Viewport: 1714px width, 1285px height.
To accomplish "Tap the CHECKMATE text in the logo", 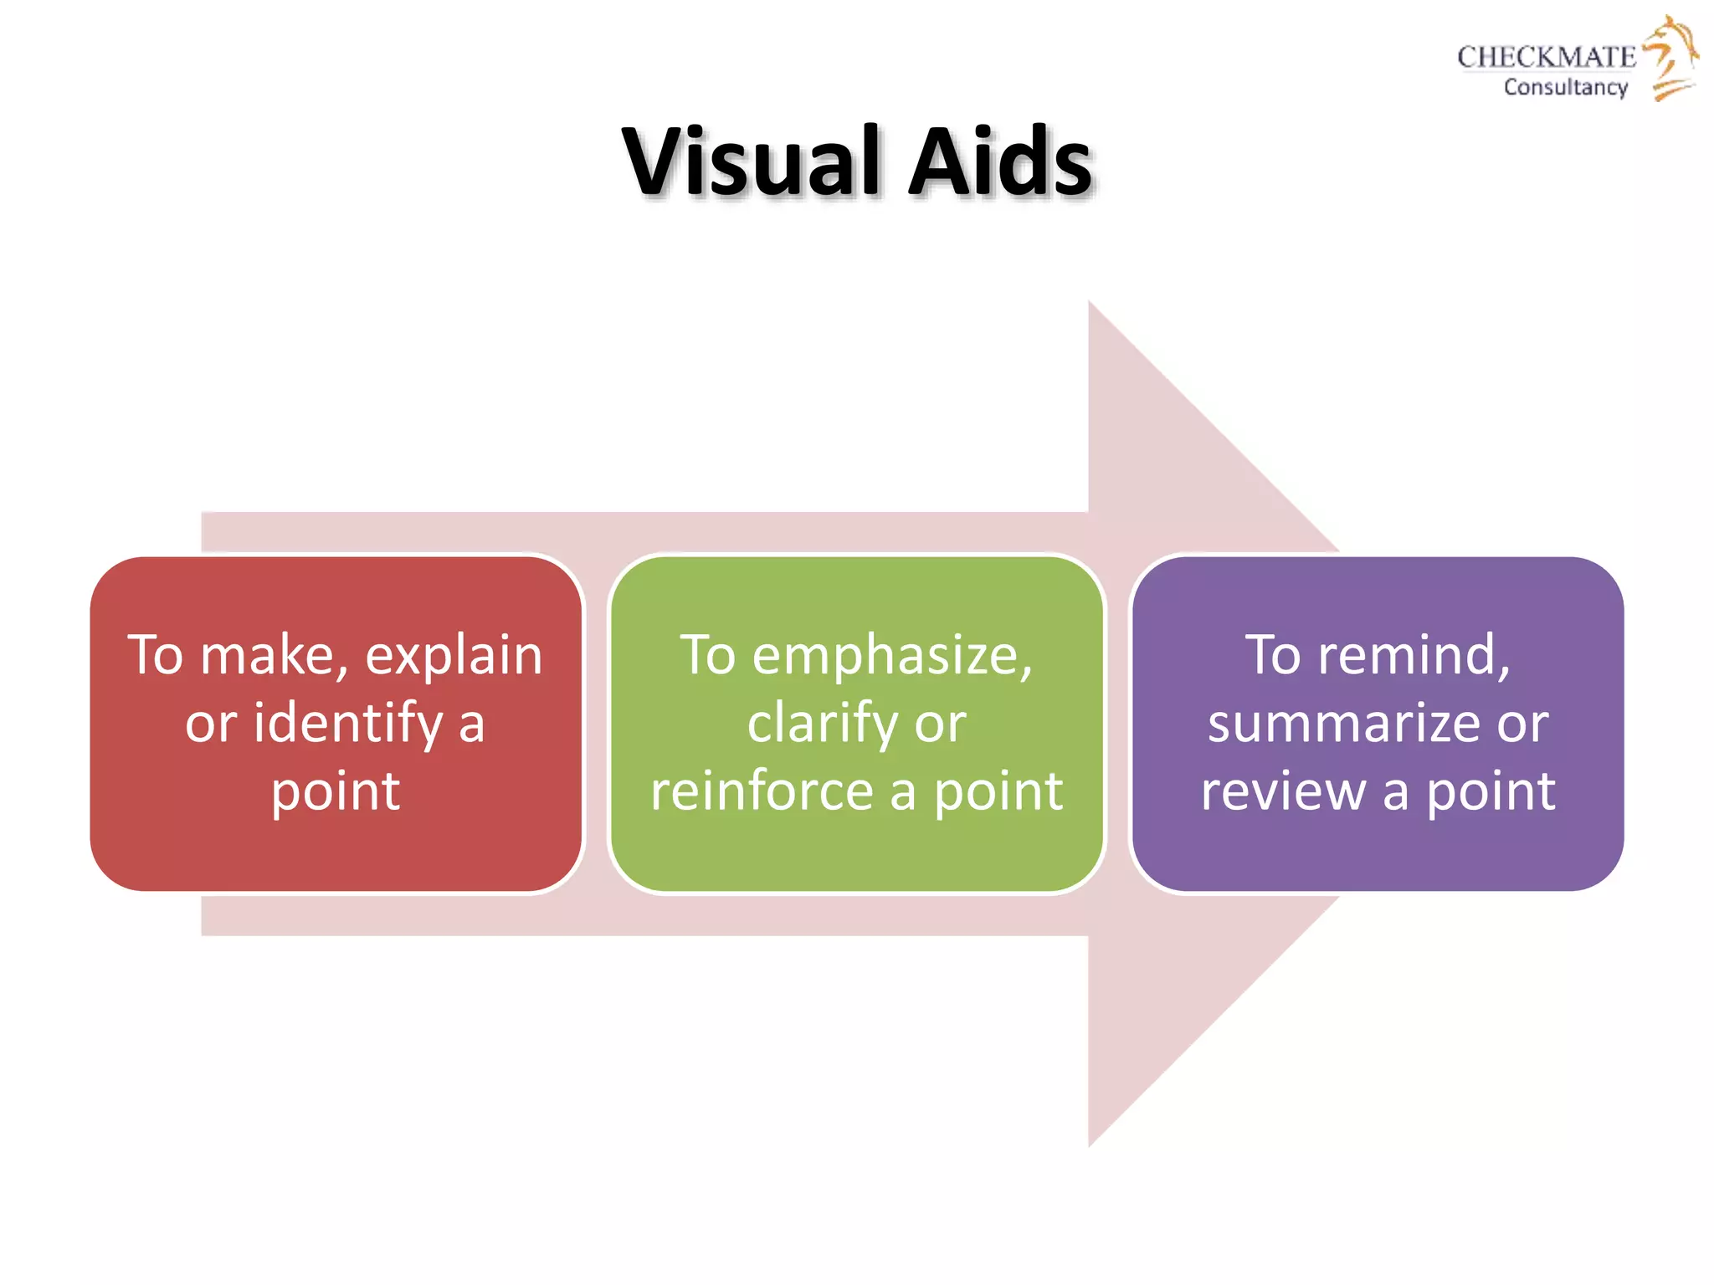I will pyautogui.click(x=1546, y=57).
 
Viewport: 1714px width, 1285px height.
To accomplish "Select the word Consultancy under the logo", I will pyautogui.click(x=1565, y=87).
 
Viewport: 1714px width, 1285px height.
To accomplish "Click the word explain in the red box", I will pyautogui.click(x=454, y=655).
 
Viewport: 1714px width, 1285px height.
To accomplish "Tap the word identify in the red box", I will pyautogui.click(x=348, y=723).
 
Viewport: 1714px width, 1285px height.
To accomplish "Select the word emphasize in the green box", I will pyautogui.click(x=892, y=655).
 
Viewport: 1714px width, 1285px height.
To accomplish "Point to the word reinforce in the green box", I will pyautogui.click(x=762, y=791).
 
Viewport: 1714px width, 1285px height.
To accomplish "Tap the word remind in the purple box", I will pyautogui.click(x=1414, y=655).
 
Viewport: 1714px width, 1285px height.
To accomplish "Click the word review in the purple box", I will pyautogui.click(x=1283, y=791).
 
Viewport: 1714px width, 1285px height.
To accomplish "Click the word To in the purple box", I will pyautogui.click(x=1274, y=655).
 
